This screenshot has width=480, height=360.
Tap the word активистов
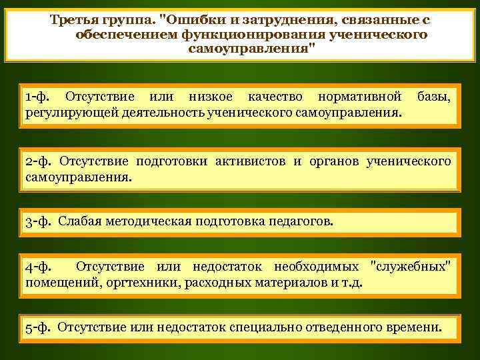[253, 161]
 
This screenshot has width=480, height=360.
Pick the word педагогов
[297, 221]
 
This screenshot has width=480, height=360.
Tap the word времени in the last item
[413, 327]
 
